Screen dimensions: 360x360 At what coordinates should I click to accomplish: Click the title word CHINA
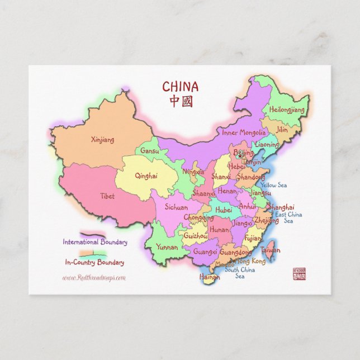180,87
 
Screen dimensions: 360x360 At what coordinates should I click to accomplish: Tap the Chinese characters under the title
180,101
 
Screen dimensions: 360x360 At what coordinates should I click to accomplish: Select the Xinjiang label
102,140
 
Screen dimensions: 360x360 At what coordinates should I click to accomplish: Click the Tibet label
107,196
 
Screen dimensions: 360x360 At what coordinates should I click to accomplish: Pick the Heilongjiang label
287,110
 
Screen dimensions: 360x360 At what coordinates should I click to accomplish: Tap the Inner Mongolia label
244,133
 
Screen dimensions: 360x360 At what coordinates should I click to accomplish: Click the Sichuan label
176,207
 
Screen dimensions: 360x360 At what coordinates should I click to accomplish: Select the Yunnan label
167,247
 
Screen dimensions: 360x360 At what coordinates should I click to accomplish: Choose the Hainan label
210,276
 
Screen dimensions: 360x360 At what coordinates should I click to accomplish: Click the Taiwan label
271,250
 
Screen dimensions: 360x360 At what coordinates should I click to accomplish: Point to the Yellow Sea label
273,185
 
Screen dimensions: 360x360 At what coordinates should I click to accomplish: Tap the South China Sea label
240,273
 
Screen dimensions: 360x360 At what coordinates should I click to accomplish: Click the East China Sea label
288,217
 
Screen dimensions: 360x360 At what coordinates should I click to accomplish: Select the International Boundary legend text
94,243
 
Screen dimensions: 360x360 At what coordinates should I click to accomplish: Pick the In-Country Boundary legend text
94,262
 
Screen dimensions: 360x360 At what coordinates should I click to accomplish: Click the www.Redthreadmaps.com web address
94,277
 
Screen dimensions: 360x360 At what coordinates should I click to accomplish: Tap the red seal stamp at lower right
300,273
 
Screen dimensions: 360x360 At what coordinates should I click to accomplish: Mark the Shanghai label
281,207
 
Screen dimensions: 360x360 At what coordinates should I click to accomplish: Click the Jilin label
282,130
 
